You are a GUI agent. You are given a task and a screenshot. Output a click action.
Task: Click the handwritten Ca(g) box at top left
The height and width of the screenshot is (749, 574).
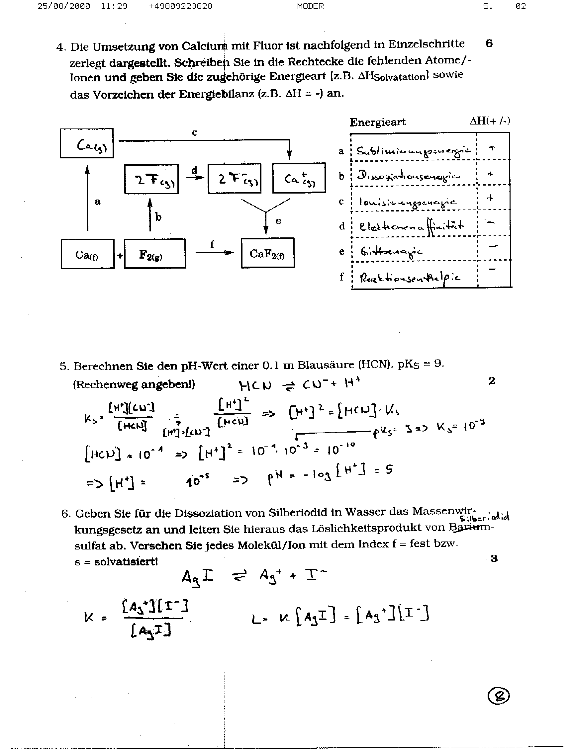87,143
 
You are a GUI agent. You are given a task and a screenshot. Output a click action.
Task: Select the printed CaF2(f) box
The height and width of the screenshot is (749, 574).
267,253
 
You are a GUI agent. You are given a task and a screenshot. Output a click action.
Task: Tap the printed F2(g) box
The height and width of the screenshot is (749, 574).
155,254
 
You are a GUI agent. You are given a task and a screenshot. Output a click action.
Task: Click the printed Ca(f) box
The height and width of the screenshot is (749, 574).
87,254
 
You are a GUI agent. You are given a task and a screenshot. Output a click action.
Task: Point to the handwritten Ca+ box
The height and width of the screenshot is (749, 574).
299,178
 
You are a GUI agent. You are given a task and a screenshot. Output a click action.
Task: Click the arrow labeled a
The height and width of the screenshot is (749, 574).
87,198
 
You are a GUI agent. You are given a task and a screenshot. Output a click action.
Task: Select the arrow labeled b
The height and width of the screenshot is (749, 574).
150,215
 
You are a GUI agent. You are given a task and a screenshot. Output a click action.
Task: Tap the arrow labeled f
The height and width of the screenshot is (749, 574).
215,252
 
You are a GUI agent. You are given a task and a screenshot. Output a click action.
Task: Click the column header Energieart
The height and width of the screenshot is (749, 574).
378,122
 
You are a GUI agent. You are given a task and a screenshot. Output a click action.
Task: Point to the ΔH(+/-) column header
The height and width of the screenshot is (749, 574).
490,121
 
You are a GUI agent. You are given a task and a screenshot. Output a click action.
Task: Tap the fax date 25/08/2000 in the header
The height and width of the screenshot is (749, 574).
63,6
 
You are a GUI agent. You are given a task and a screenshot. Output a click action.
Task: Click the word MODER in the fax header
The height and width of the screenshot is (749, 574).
310,6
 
